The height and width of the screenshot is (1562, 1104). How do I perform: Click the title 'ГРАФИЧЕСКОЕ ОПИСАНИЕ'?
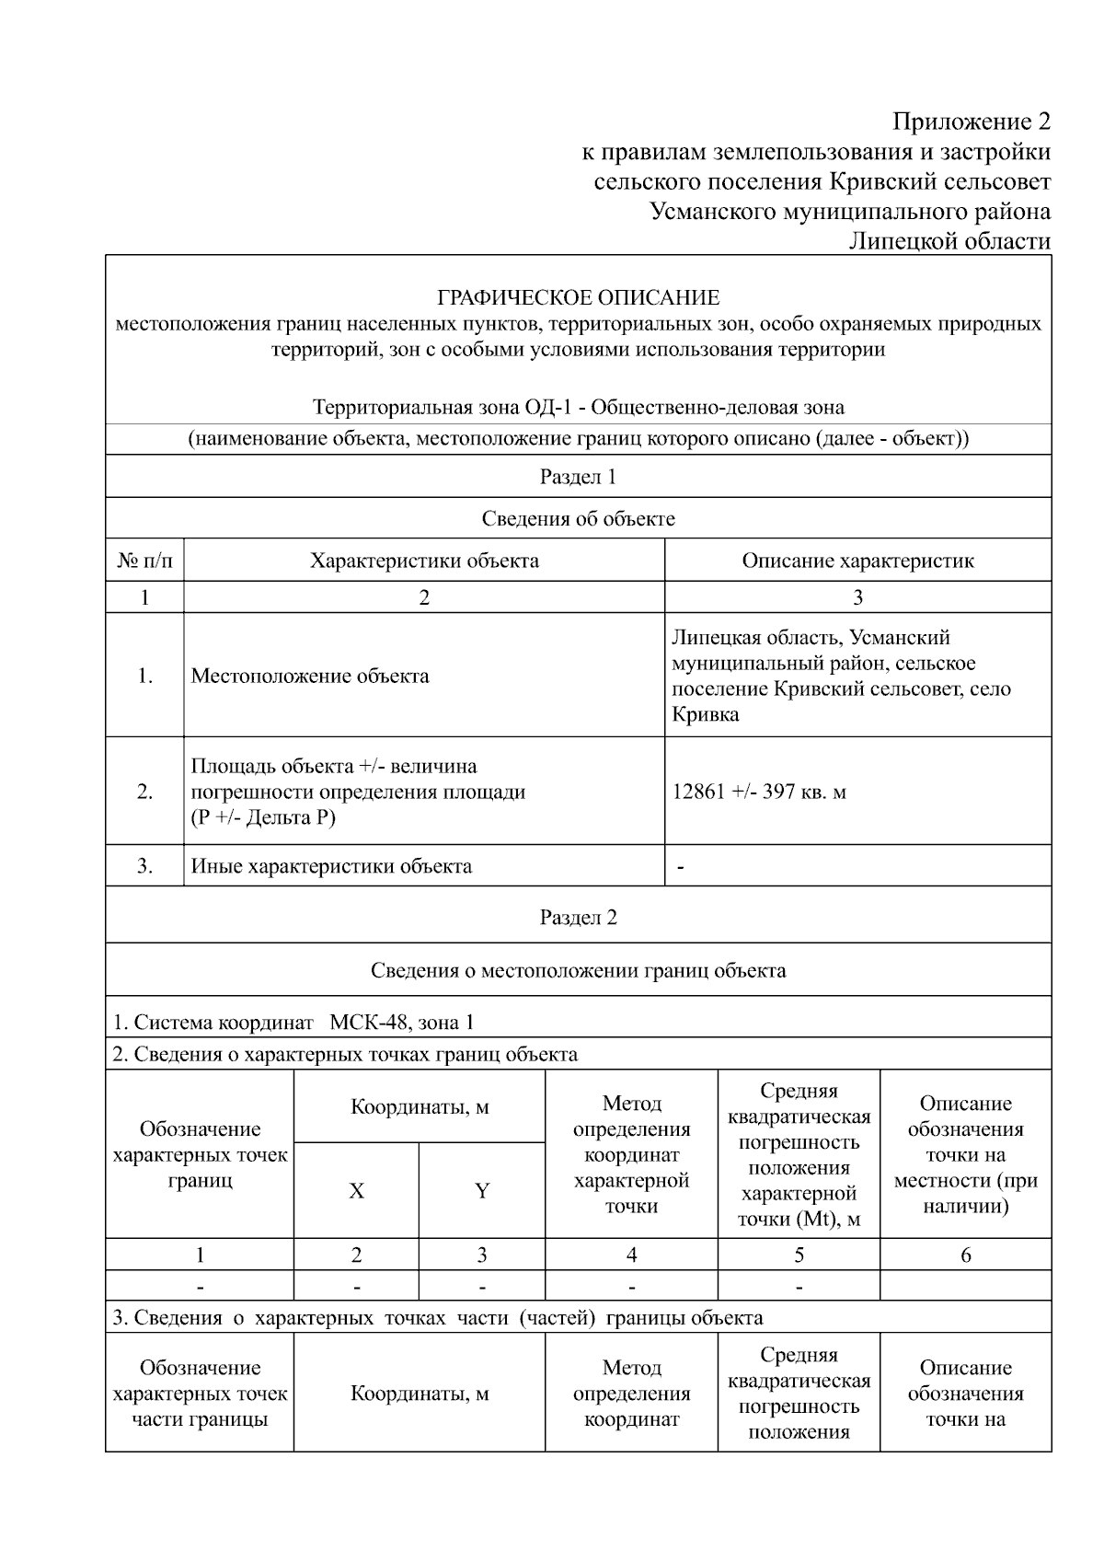(x=578, y=297)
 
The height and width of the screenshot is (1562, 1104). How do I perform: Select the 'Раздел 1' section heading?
(x=578, y=477)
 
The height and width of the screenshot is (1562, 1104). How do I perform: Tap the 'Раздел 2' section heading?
(x=578, y=918)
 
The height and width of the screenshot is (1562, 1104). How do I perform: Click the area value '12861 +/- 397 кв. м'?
(x=759, y=792)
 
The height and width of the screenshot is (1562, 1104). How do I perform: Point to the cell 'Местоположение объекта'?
(x=310, y=677)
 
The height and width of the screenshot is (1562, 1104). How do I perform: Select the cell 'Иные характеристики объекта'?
(x=331, y=866)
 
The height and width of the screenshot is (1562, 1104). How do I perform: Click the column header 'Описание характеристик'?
(x=857, y=561)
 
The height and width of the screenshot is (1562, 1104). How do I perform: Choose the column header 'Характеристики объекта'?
(x=424, y=561)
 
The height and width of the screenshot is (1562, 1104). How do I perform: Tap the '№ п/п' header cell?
(x=144, y=561)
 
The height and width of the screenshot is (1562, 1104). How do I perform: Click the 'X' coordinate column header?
(x=356, y=1191)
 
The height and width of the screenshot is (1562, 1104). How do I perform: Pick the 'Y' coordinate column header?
(x=482, y=1191)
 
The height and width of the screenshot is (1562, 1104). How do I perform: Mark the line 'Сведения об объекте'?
(x=578, y=519)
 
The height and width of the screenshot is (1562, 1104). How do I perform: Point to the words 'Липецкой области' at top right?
(x=949, y=241)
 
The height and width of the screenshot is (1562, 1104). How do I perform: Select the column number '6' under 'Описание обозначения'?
(x=965, y=1255)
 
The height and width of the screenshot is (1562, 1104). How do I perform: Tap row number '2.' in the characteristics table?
(x=144, y=792)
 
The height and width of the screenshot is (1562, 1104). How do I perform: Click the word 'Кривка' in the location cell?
(x=705, y=714)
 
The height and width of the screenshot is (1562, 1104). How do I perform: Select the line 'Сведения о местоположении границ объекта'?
(x=578, y=970)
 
